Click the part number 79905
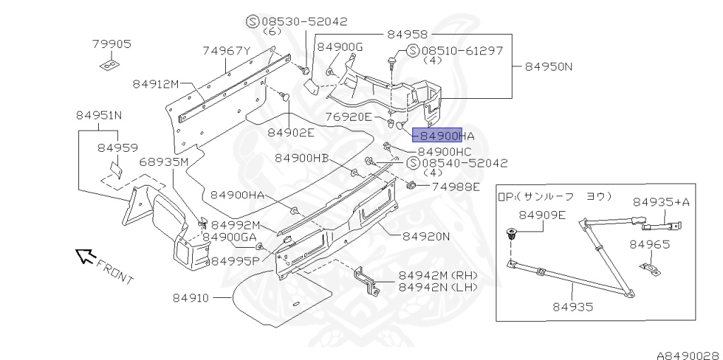point(112,44)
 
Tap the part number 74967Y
point(227,51)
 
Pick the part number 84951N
point(99,116)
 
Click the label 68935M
point(164,162)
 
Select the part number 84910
point(191,298)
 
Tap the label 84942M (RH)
point(438,275)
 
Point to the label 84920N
point(426,236)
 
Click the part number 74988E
point(455,187)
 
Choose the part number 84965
point(650,244)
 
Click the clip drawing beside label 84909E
point(510,234)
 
